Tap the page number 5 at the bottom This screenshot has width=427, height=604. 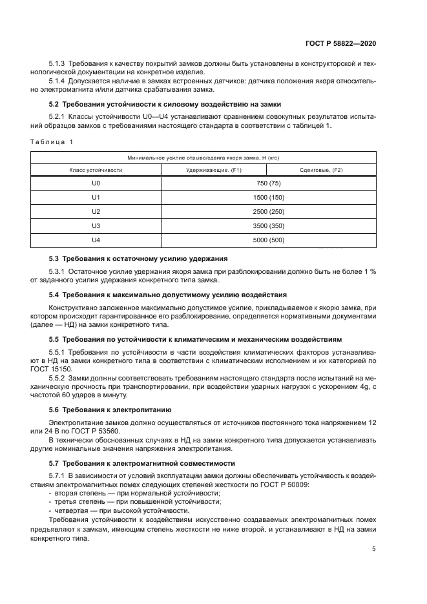(x=373, y=549)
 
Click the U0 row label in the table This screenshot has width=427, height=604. (x=96, y=183)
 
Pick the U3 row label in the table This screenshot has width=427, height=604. (x=96, y=226)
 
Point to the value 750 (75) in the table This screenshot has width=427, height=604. (x=269, y=183)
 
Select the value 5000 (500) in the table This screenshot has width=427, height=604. (x=269, y=240)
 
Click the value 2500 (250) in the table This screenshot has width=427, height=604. (x=269, y=212)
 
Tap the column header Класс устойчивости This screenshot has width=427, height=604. (x=96, y=170)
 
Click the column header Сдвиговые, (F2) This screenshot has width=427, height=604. (x=321, y=170)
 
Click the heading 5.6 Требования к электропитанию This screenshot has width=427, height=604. (x=110, y=410)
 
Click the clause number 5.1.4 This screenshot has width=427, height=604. (x=57, y=81)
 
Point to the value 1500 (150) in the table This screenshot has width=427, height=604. (x=269, y=198)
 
